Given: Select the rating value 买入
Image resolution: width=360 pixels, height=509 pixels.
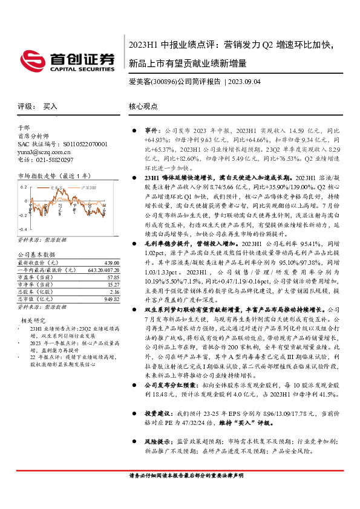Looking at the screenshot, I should [x=51, y=106].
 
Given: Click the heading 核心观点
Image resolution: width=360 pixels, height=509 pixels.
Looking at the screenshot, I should [x=143, y=106].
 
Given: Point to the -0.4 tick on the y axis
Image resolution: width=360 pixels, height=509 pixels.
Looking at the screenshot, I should [x=22, y=230].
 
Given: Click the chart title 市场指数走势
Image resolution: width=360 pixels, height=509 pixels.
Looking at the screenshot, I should [x=35, y=176].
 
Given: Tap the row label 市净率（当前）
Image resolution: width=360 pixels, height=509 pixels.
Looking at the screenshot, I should [x=36, y=284].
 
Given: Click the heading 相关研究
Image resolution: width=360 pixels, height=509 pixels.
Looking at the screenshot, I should [x=34, y=320].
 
